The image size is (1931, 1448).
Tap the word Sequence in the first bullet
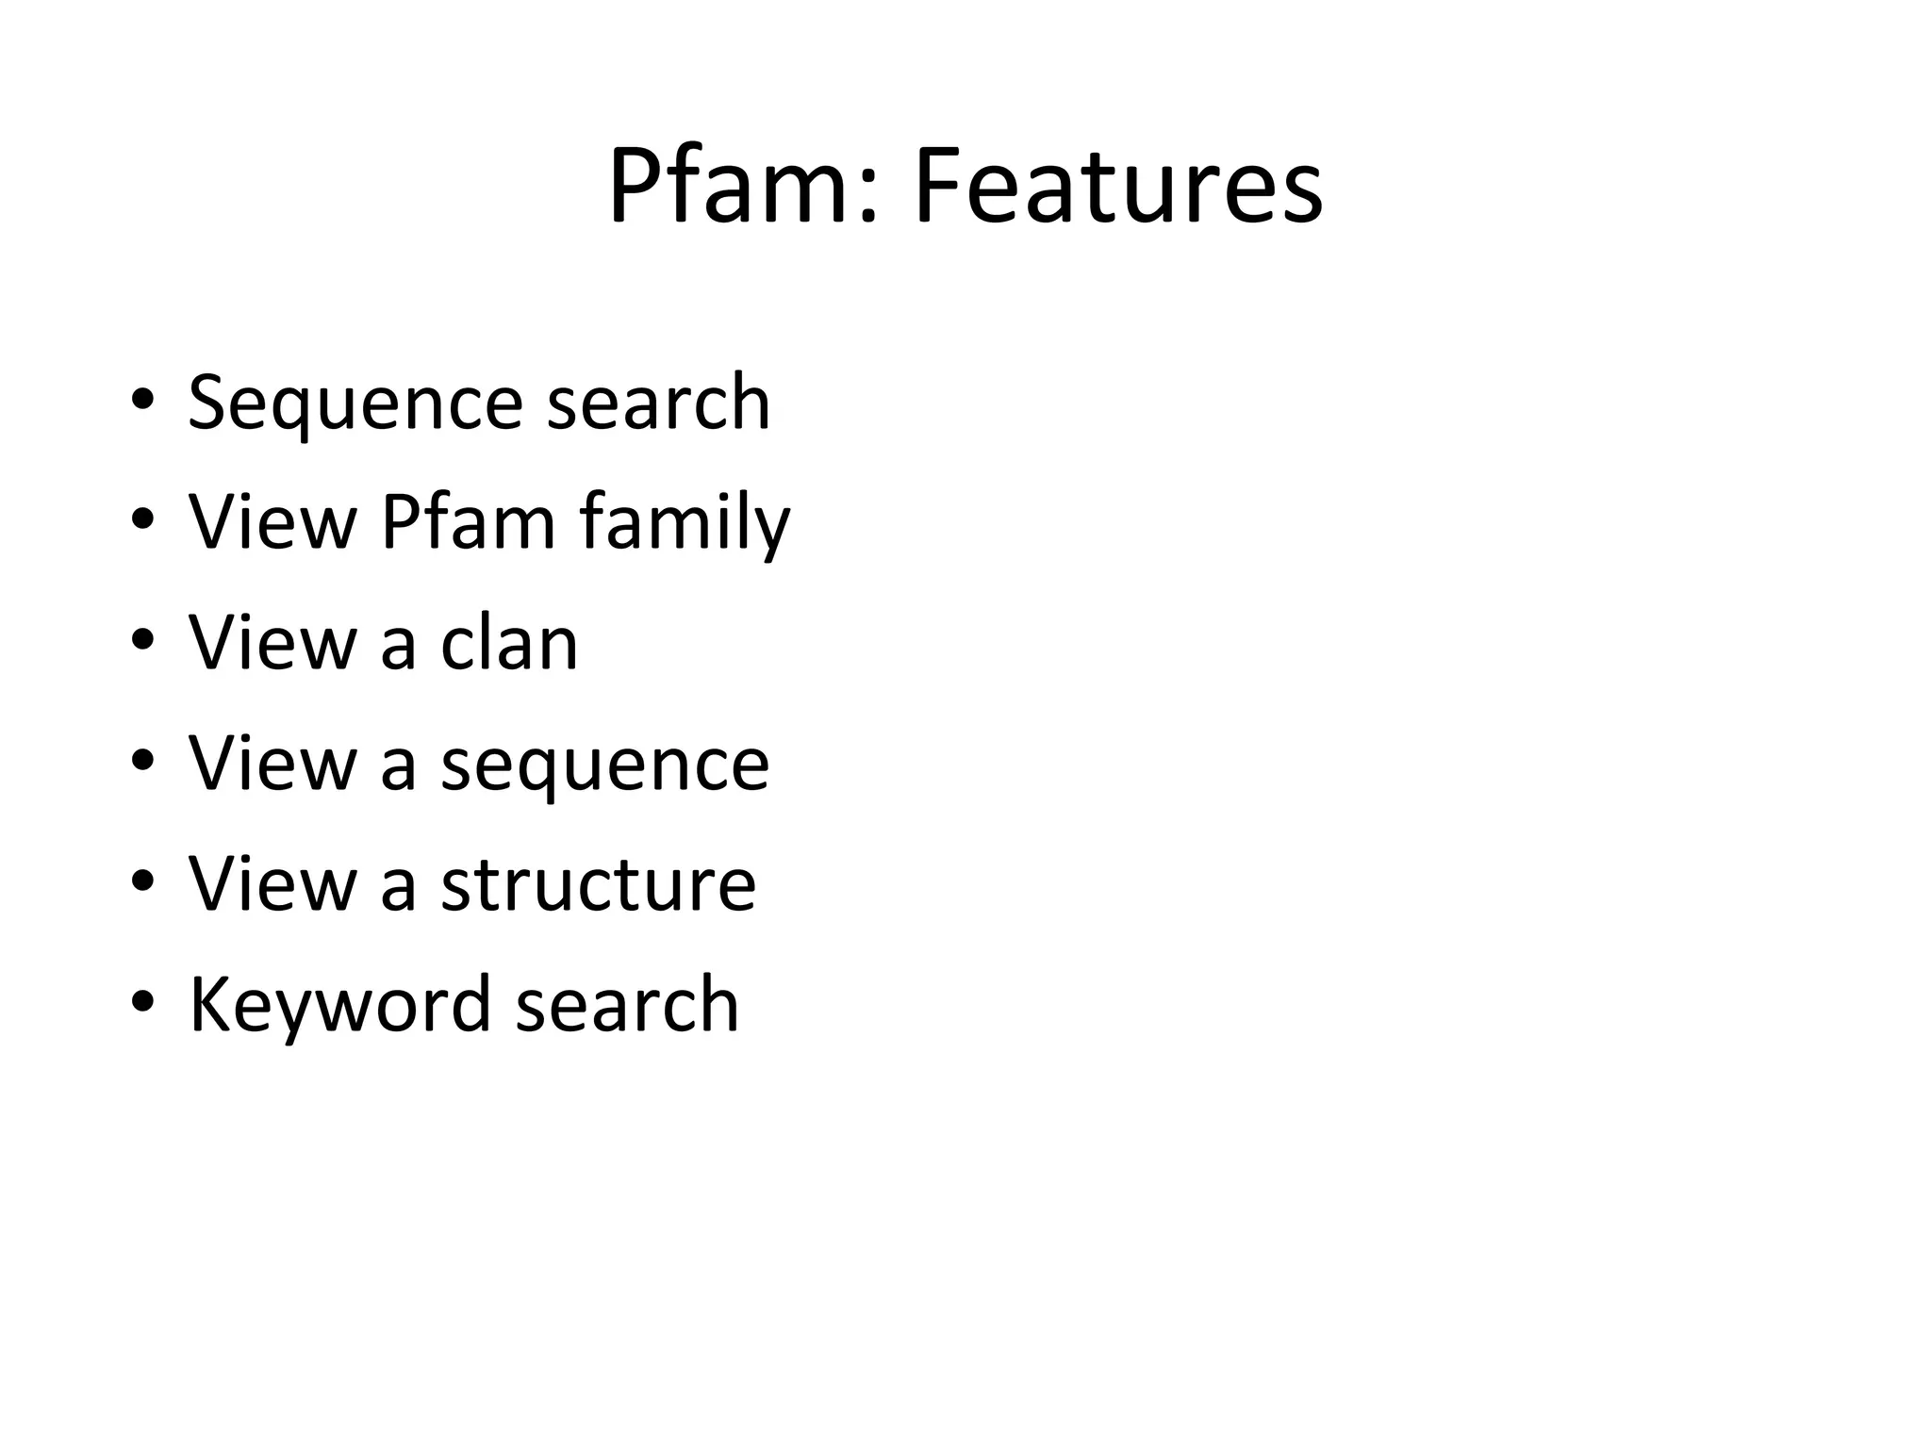click(x=355, y=403)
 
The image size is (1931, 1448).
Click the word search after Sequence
click(x=658, y=403)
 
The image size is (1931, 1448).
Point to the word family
click(x=685, y=524)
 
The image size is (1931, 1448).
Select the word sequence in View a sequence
click(x=604, y=765)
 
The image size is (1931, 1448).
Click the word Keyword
click(x=340, y=1005)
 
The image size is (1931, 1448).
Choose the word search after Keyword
click(x=627, y=1005)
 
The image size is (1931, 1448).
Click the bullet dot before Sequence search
click(x=142, y=400)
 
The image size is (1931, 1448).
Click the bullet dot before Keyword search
click(x=142, y=1001)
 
